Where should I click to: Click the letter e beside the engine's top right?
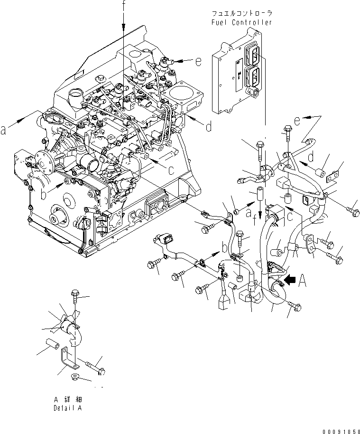(198, 60)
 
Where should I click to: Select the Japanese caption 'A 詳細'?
(67, 399)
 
